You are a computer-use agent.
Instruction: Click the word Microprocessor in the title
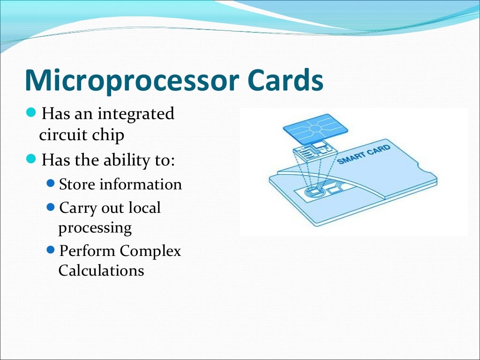[132, 80]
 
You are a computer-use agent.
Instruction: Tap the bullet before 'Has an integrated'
[31, 112]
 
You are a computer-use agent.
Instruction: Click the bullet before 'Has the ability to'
[31, 159]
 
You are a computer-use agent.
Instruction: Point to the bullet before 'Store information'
[51, 183]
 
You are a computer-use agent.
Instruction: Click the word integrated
[136, 114]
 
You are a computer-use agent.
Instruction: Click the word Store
[77, 184]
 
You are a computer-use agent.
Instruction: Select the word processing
[95, 228]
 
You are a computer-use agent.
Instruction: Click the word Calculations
[101, 270]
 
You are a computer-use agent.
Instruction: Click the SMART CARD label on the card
[364, 154]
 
